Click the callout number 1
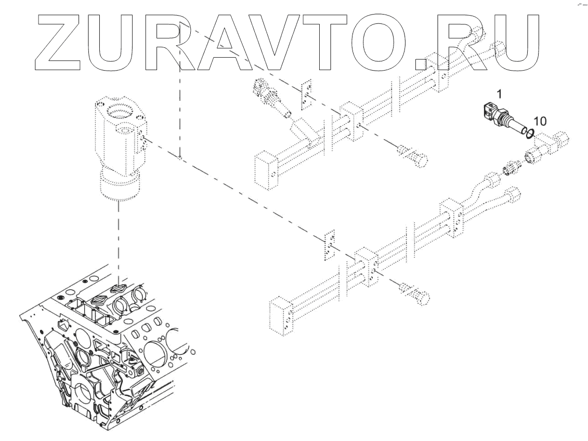click(499, 94)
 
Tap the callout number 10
click(540, 121)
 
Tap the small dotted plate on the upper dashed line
click(308, 96)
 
